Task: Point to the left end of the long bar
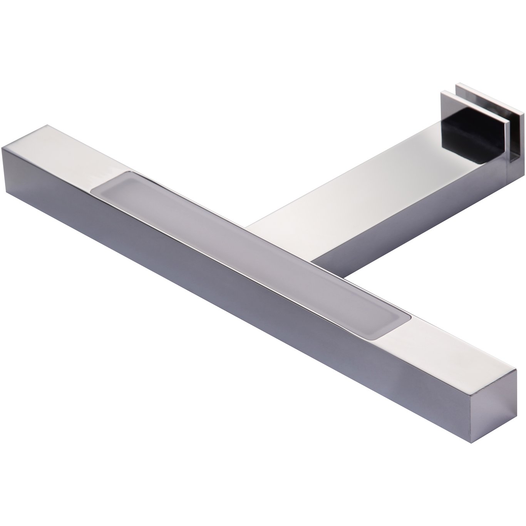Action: click(12, 166)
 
